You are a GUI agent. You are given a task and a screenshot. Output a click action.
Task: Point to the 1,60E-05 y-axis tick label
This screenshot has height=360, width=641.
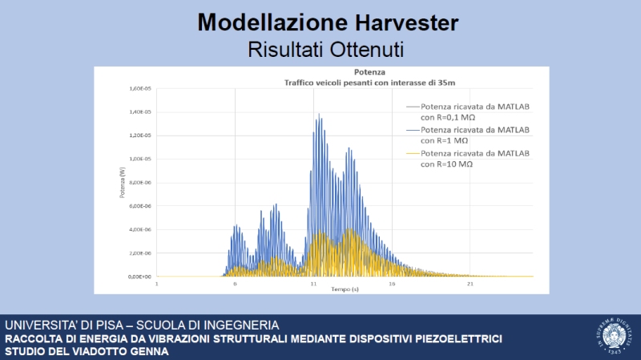[141, 89]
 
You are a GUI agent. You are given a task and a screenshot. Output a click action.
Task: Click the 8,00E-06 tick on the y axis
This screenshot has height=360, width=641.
[141, 183]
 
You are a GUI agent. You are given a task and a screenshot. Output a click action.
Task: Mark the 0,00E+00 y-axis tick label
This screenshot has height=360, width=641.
[141, 277]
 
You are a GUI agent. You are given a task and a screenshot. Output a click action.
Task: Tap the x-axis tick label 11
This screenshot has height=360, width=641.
[313, 284]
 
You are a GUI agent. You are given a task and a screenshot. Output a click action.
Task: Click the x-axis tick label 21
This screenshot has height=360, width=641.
[470, 284]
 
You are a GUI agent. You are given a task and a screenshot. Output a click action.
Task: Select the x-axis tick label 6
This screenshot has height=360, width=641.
[236, 284]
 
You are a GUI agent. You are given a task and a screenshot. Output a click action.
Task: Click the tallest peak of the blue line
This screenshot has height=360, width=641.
[320, 115]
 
